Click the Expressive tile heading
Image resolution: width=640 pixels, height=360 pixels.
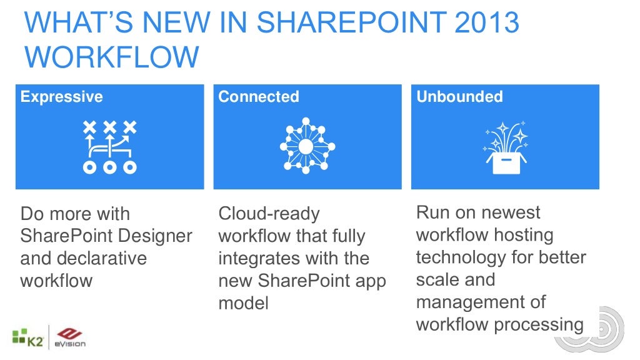tap(61, 97)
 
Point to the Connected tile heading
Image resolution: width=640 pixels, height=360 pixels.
tap(258, 97)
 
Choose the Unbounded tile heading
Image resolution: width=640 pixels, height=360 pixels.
tap(459, 97)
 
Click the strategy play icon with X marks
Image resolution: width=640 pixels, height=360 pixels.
tap(110, 147)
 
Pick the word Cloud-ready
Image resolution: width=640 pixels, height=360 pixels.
tap(269, 214)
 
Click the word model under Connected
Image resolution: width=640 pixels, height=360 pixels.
tap(243, 304)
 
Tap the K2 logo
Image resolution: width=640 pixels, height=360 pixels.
tap(26, 339)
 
